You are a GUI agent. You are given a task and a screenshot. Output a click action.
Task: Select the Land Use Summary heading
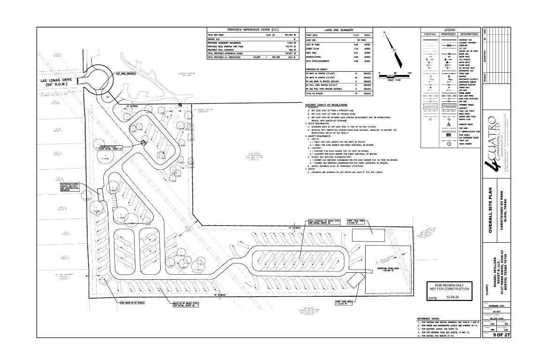(338, 30)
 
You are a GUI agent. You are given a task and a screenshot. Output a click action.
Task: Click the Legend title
(450, 30)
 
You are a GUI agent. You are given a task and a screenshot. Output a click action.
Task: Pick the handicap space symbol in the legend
(449, 124)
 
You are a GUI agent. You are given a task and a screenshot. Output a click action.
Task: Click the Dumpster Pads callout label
(111, 148)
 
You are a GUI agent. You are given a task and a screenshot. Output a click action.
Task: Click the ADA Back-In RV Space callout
(132, 303)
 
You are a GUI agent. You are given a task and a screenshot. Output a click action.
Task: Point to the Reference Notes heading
(433, 318)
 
